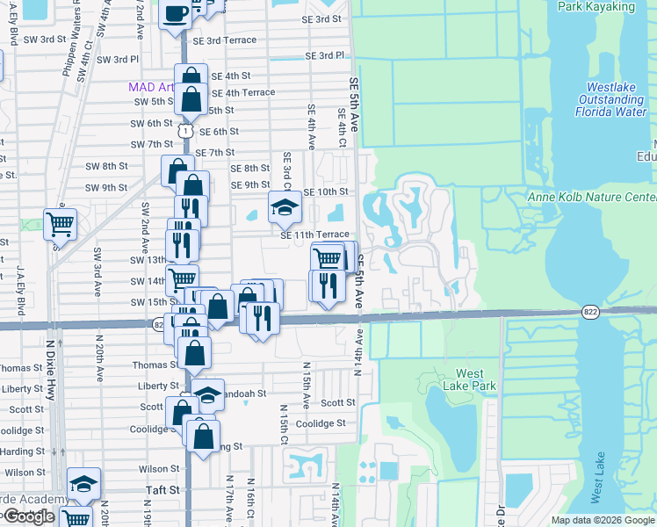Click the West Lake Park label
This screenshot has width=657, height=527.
(x=476, y=379)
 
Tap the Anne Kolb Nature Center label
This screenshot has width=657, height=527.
(x=592, y=197)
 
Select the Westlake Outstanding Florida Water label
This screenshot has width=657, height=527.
(x=611, y=99)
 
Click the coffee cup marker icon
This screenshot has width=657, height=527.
(x=174, y=13)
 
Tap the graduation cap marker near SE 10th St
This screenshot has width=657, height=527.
(x=284, y=207)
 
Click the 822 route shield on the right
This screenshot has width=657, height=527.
(x=591, y=312)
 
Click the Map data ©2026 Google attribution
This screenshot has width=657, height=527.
(x=603, y=520)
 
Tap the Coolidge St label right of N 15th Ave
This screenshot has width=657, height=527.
(x=320, y=423)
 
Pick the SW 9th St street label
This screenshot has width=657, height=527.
(x=106, y=188)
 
